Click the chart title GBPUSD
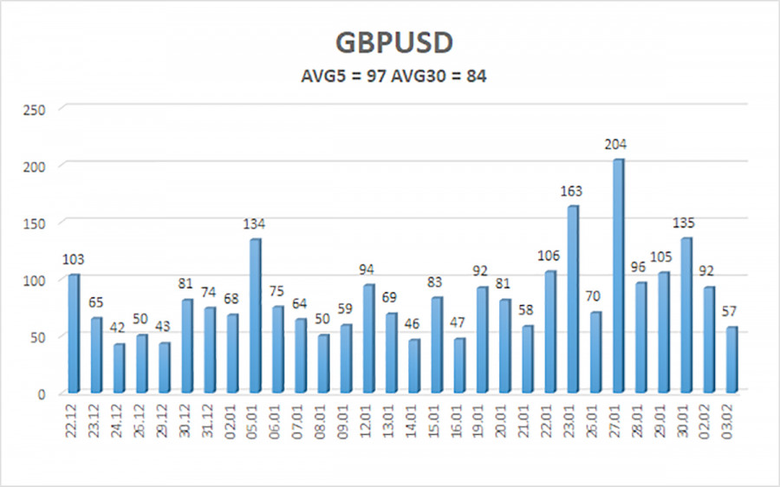389,44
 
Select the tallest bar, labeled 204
617,276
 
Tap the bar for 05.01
255,315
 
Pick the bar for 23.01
572,299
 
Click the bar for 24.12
119,368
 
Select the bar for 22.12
74,334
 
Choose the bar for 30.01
686,315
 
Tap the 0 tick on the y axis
41,393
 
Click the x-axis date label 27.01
619,422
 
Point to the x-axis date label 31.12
210,422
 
